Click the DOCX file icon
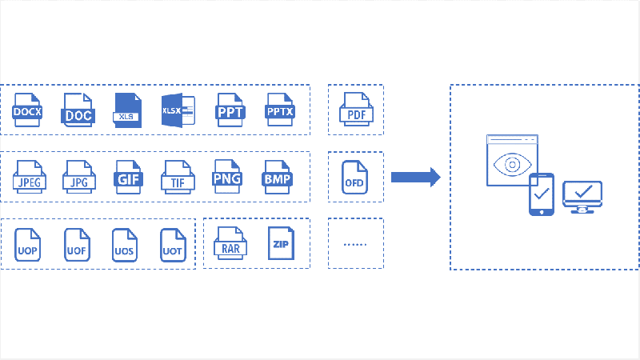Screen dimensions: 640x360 (27, 110)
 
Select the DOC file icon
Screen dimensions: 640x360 (78, 110)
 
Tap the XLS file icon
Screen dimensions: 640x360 (127, 110)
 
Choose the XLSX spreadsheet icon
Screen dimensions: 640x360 (178, 110)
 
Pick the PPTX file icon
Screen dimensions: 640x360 (279, 110)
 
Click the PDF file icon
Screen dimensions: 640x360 (356, 109)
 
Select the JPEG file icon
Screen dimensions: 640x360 (30, 177)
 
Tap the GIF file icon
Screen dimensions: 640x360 (128, 177)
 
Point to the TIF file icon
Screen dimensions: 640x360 (178, 177)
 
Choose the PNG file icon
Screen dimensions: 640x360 (227, 176)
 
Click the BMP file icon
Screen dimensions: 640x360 (277, 177)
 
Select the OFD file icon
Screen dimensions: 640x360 (354, 177)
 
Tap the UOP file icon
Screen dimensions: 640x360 (27, 245)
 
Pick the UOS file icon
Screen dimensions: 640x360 (125, 245)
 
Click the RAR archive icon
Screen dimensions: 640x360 (230, 243)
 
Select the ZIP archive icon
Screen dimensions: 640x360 (281, 243)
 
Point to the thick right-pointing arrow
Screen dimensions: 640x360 (416, 177)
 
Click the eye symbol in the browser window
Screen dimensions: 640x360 (512, 165)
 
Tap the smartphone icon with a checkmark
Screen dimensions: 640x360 (542, 194)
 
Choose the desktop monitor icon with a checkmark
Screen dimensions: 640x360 (582, 197)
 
